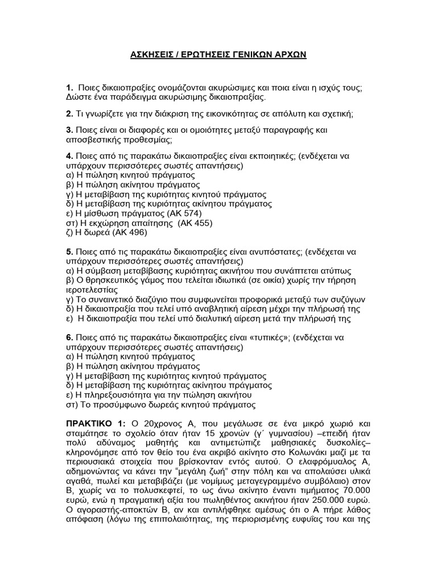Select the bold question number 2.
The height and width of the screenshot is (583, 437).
tap(68, 114)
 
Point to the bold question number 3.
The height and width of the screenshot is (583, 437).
tap(68, 130)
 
